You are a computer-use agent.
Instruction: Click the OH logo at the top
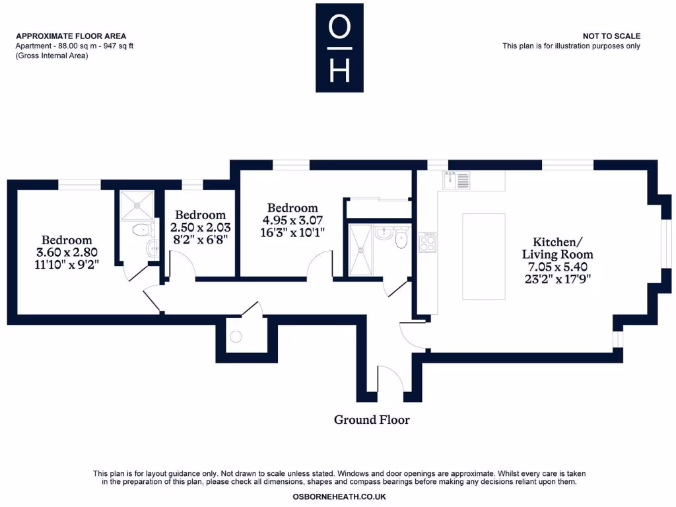339,48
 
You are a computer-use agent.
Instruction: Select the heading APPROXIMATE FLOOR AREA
71,36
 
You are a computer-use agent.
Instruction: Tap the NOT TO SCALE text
611,36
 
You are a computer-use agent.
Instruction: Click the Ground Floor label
372,420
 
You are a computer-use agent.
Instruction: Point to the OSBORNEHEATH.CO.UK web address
339,496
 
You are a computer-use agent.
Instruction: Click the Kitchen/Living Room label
557,248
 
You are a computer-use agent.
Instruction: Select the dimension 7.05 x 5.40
557,267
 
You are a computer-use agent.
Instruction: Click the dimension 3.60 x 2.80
67,252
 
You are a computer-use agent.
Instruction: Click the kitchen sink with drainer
456,180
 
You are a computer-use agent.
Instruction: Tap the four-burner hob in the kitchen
427,243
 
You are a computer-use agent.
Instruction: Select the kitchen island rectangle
483,256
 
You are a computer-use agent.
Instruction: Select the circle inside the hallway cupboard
236,337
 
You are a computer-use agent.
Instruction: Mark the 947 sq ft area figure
119,46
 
